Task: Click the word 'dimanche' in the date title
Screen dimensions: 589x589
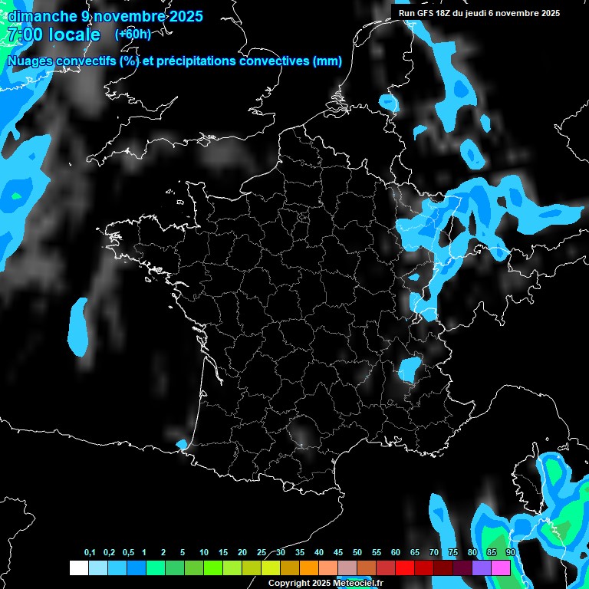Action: pyautogui.click(x=41, y=16)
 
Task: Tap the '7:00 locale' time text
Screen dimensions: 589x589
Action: pyautogui.click(x=53, y=35)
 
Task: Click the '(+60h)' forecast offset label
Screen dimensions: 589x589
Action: pyautogui.click(x=133, y=35)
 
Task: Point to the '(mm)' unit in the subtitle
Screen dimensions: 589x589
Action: pyautogui.click(x=327, y=61)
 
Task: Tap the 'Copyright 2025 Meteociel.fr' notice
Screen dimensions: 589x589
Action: pyautogui.click(x=325, y=583)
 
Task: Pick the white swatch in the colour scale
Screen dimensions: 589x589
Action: pyautogui.click(x=78, y=568)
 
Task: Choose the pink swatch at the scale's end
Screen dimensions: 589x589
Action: pyautogui.click(x=501, y=568)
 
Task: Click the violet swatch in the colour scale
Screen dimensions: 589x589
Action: pyautogui.click(x=482, y=568)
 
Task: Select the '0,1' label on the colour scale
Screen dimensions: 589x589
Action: pyautogui.click(x=90, y=553)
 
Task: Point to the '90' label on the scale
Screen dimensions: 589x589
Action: pyautogui.click(x=510, y=553)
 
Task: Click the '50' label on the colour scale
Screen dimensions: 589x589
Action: pyautogui.click(x=357, y=553)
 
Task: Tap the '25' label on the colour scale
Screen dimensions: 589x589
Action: pyautogui.click(x=262, y=553)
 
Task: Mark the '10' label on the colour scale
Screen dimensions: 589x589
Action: pyautogui.click(x=203, y=553)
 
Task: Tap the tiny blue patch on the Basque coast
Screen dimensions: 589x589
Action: pyautogui.click(x=181, y=444)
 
